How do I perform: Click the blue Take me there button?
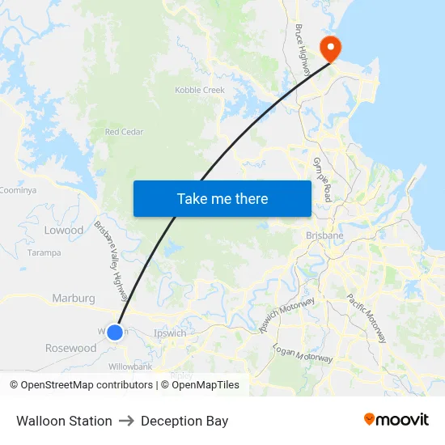222,198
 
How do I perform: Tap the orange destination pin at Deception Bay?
330,48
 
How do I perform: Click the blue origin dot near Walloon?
115,332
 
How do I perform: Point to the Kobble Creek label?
200,90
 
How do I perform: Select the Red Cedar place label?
124,132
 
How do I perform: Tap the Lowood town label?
64,231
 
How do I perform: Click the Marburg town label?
74,298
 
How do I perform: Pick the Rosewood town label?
70,348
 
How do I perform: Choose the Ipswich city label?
170,333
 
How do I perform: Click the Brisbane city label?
324,235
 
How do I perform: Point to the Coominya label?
18,190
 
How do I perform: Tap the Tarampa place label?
44,252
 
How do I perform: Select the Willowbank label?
131,367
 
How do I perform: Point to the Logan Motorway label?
303,353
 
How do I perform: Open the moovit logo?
396,420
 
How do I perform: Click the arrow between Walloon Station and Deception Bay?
126,421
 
